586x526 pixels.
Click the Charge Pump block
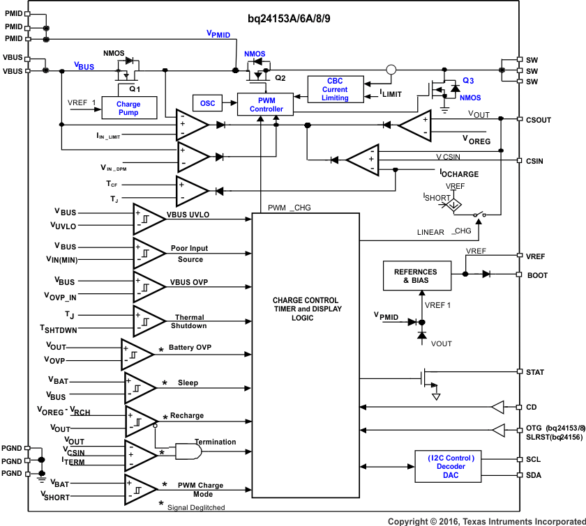tap(128, 108)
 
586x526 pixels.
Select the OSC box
tap(207, 104)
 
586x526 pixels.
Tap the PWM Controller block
tap(266, 105)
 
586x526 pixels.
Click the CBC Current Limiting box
tap(335, 89)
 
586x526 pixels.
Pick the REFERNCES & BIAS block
tap(415, 276)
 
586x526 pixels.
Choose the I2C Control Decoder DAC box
tap(451, 467)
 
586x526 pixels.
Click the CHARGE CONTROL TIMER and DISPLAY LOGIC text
tap(305, 309)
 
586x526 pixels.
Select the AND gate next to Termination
tap(187, 452)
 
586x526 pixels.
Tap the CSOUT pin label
tap(538, 120)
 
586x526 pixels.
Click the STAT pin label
tap(535, 372)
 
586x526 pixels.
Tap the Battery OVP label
tap(190, 347)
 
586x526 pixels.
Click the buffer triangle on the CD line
tap(497, 407)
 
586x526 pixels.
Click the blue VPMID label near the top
tap(218, 33)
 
